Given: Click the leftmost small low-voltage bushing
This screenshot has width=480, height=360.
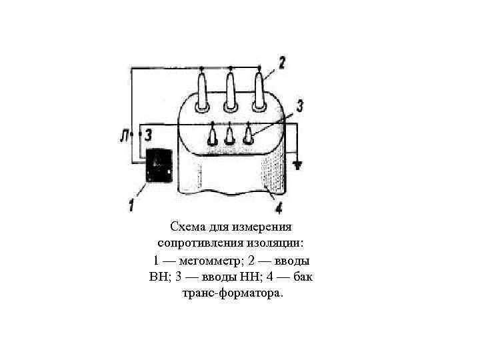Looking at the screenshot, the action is (213, 136).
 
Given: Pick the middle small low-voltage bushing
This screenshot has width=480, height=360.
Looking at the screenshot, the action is (230, 136).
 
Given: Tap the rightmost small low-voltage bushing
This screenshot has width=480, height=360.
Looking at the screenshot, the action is (248, 136).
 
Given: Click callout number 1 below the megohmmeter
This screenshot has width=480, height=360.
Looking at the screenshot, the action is (132, 202).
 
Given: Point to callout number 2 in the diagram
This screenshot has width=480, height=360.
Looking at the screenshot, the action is (283, 63).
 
